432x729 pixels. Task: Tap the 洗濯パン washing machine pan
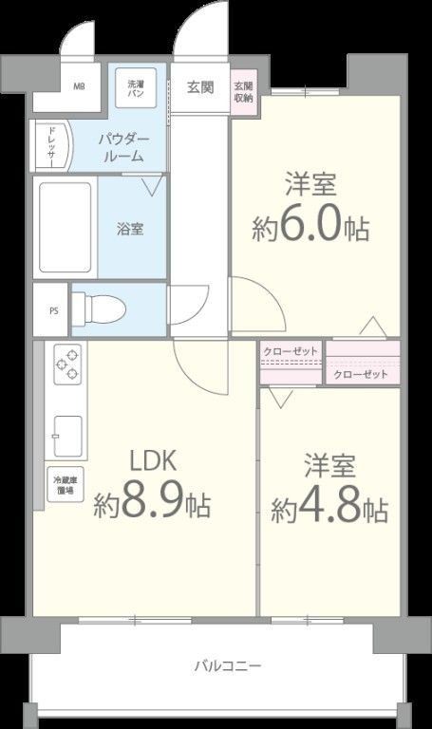136,88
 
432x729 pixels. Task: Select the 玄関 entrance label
199,88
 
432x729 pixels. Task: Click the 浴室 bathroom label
130,229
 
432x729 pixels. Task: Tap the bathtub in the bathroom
66,228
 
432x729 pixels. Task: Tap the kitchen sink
67,433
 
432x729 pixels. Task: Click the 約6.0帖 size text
310,228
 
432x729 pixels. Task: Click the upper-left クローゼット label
291,350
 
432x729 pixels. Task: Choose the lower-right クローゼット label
362,374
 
